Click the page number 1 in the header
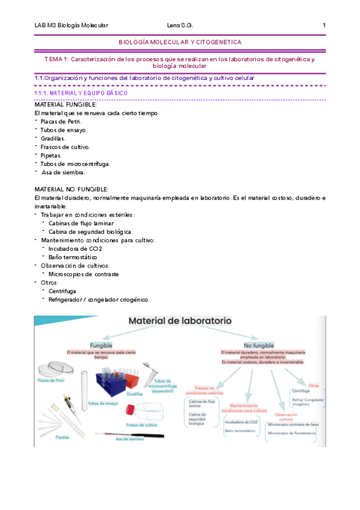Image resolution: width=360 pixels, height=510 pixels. [x=324, y=25]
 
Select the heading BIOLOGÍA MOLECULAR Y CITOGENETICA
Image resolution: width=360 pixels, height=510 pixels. [x=180, y=42]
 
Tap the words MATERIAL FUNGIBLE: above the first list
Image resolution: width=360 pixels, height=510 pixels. [x=66, y=105]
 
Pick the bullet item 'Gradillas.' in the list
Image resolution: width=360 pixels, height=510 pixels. [x=53, y=138]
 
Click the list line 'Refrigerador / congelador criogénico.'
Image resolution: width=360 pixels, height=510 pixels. [x=99, y=300]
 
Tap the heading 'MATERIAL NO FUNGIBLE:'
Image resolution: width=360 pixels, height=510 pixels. [x=72, y=189]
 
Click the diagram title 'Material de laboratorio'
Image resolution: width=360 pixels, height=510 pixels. [x=180, y=322]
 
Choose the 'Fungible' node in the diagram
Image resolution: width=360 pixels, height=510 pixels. [x=102, y=346]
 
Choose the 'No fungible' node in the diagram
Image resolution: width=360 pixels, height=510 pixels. [x=258, y=345]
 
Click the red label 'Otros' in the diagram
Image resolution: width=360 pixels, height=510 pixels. [x=313, y=368]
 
